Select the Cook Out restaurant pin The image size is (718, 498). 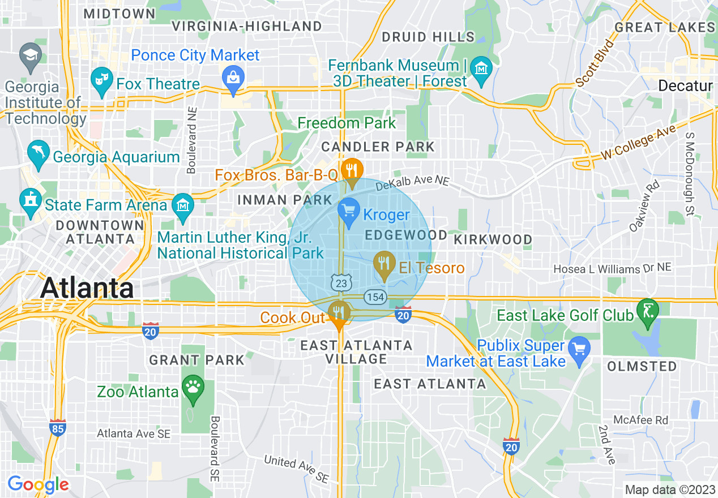339,314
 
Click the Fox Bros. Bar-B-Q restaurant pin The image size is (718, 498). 352,170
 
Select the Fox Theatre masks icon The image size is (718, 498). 102,79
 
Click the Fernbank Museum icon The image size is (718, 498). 481,68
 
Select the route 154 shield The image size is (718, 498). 375,297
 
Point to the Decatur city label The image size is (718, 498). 685,86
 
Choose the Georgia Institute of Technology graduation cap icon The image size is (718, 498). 29,55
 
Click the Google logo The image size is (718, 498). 38,484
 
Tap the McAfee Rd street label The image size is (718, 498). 640,420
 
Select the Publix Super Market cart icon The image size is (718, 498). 579,349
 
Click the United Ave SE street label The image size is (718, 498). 296,469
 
